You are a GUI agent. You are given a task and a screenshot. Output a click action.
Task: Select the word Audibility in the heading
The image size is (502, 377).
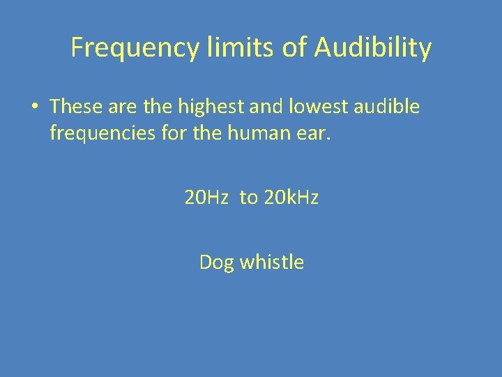[373, 48]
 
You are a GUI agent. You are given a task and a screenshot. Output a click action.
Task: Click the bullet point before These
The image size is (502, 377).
[33, 107]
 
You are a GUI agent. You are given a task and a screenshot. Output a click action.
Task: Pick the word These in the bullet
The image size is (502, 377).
[76, 106]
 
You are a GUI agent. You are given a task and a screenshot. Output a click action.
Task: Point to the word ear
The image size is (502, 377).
[314, 133]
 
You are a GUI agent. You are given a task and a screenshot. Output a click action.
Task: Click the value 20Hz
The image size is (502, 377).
[206, 198]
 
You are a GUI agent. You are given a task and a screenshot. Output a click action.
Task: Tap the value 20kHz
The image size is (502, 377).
[291, 198]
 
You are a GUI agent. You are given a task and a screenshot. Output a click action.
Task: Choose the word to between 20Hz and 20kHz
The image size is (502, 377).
[248, 198]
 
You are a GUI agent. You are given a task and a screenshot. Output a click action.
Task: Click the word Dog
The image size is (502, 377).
[217, 263]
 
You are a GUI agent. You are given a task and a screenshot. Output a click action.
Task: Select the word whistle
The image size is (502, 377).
[272, 263]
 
